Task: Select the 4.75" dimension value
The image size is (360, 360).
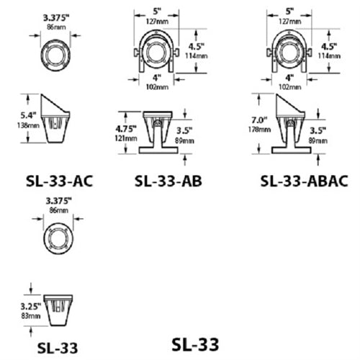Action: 125,128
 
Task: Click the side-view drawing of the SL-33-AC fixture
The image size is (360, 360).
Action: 57,118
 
